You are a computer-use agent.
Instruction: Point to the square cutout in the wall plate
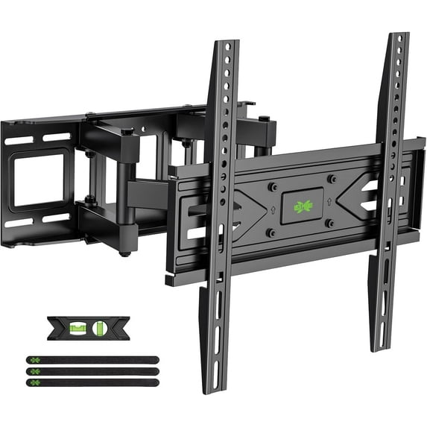click(x=42, y=180)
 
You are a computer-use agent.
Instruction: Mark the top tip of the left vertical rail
click(x=227, y=42)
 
